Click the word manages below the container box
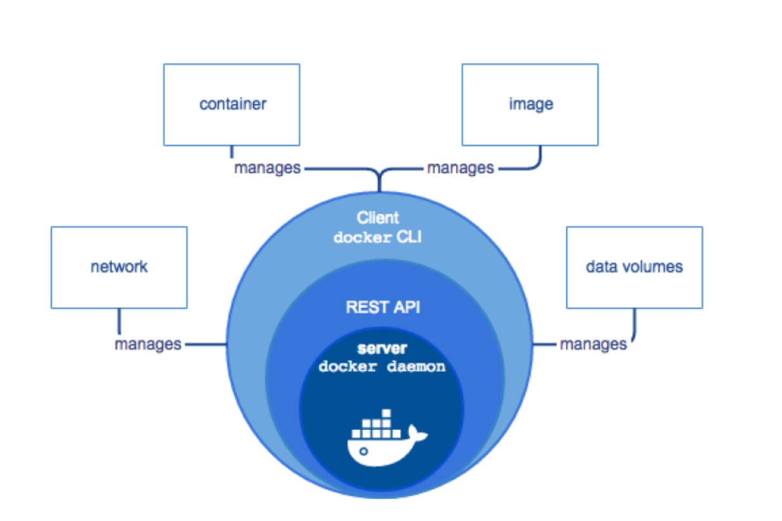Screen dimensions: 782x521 pyautogui.click(x=267, y=168)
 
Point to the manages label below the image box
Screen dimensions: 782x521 pyautogui.click(x=460, y=168)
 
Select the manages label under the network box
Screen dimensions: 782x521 pyautogui.click(x=148, y=345)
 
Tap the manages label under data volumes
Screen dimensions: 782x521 pyautogui.click(x=593, y=345)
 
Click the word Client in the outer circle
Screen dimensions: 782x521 pyautogui.click(x=377, y=218)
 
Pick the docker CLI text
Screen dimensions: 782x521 pyautogui.click(x=377, y=238)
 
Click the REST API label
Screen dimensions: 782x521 pyautogui.click(x=383, y=307)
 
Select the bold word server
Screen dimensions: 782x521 pyautogui.click(x=382, y=348)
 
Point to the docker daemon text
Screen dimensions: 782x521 pyautogui.click(x=382, y=367)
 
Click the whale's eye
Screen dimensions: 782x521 pyautogui.click(x=363, y=452)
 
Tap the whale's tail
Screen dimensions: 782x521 pyautogui.click(x=418, y=433)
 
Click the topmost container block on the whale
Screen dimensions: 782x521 pyautogui.click(x=386, y=413)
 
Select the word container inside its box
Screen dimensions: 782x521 pyautogui.click(x=233, y=104)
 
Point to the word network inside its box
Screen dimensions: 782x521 pyautogui.click(x=119, y=267)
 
